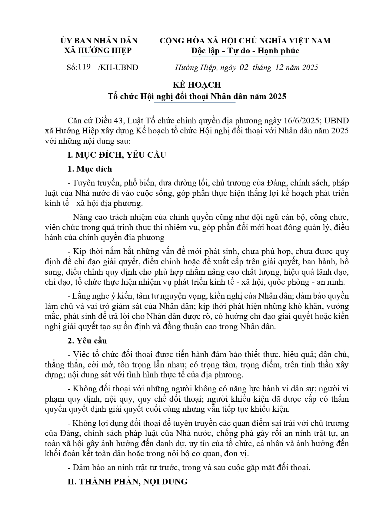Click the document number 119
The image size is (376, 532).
85,67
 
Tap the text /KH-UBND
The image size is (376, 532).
118,67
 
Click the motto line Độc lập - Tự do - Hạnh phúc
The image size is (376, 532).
245,51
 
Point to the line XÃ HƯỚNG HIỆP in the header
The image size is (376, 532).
98,50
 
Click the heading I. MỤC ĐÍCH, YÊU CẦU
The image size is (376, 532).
117,155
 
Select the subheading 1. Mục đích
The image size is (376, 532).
90,169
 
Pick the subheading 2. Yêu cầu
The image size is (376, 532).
87,341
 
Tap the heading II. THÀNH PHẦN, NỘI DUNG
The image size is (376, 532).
128,481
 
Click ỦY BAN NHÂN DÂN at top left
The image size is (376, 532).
99,41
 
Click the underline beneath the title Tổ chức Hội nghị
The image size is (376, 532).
195,103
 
